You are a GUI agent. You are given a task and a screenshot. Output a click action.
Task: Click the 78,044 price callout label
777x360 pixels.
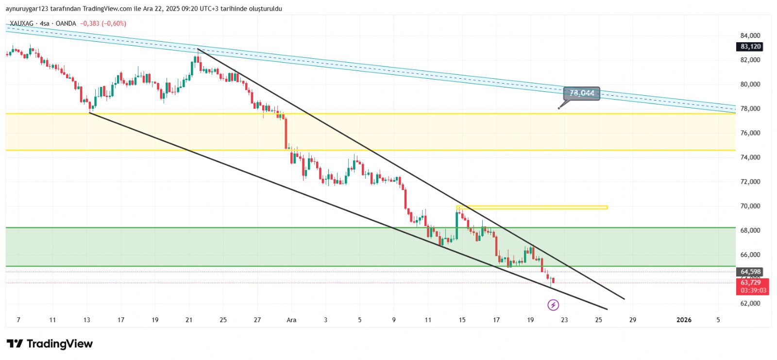[582, 93]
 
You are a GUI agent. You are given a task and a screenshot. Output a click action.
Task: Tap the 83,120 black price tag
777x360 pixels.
[750, 47]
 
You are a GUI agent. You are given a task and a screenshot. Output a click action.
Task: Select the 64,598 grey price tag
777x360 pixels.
[750, 272]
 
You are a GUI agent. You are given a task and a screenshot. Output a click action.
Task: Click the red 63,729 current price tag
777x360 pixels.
[750, 282]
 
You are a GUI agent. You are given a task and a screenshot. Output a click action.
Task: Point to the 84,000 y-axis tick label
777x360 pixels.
[750, 35]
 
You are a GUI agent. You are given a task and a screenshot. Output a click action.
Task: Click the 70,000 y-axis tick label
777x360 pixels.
[750, 206]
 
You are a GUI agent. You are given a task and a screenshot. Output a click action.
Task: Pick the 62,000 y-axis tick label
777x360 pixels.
[750, 303]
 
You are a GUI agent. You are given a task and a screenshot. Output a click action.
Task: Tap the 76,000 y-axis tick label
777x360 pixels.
[750, 133]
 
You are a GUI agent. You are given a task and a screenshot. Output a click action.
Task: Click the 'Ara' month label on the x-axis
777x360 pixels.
[291, 320]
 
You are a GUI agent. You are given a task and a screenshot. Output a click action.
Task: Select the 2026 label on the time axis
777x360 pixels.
[684, 320]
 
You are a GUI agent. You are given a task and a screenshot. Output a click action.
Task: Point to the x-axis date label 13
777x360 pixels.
[87, 320]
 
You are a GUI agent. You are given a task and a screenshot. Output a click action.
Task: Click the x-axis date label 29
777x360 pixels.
[632, 320]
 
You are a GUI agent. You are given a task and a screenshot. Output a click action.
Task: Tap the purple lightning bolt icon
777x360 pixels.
[553, 305]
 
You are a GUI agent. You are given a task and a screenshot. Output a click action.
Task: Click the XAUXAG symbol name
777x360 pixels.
[21, 23]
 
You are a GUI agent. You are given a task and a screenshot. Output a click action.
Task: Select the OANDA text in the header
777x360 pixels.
[66, 23]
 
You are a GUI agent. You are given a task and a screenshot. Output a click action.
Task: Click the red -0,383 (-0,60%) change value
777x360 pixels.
[103, 23]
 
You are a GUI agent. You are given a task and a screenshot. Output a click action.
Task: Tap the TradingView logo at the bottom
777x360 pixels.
[50, 344]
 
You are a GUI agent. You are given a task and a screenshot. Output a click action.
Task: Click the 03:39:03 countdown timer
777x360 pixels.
[753, 291]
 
